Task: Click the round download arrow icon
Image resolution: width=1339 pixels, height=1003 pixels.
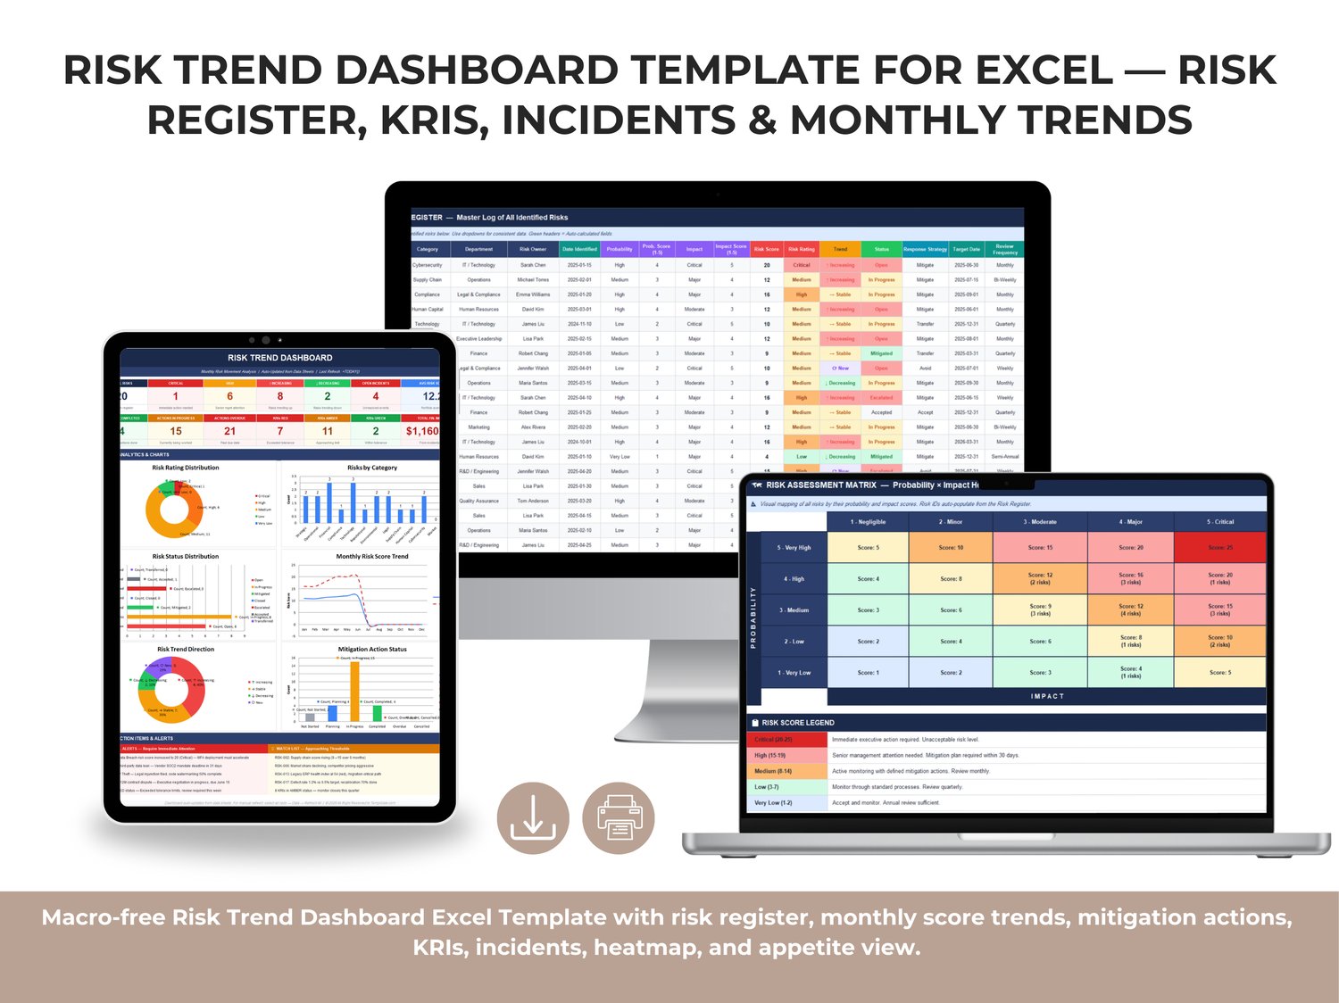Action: click(533, 817)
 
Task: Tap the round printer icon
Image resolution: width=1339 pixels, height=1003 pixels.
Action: click(619, 817)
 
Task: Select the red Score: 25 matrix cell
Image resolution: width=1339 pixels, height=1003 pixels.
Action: click(1220, 547)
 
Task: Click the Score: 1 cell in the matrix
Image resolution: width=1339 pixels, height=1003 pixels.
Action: click(868, 673)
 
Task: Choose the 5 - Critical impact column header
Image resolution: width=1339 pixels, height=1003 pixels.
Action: click(1220, 522)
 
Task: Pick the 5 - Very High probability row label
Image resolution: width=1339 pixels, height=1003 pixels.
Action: click(794, 548)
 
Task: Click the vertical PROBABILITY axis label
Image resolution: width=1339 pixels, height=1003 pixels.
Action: click(753, 617)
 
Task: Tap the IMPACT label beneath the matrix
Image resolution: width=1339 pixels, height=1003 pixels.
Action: click(1047, 696)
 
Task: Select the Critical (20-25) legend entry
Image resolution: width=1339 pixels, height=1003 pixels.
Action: click(773, 740)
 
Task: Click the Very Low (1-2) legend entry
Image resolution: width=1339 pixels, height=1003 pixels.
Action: click(773, 803)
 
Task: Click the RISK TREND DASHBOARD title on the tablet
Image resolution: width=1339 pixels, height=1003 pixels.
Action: click(279, 358)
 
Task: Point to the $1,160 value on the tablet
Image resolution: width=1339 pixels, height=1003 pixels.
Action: click(422, 431)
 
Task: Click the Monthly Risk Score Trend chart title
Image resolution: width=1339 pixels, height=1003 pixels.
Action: click(372, 557)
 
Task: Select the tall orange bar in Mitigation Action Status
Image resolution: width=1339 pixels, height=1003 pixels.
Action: click(354, 692)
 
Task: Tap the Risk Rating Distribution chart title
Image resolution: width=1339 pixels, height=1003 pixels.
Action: click(186, 468)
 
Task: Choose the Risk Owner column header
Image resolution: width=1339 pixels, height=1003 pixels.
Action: click(533, 249)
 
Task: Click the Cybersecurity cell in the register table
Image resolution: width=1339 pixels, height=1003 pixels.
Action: click(427, 265)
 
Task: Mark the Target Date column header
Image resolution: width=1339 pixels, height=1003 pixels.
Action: click(966, 249)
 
